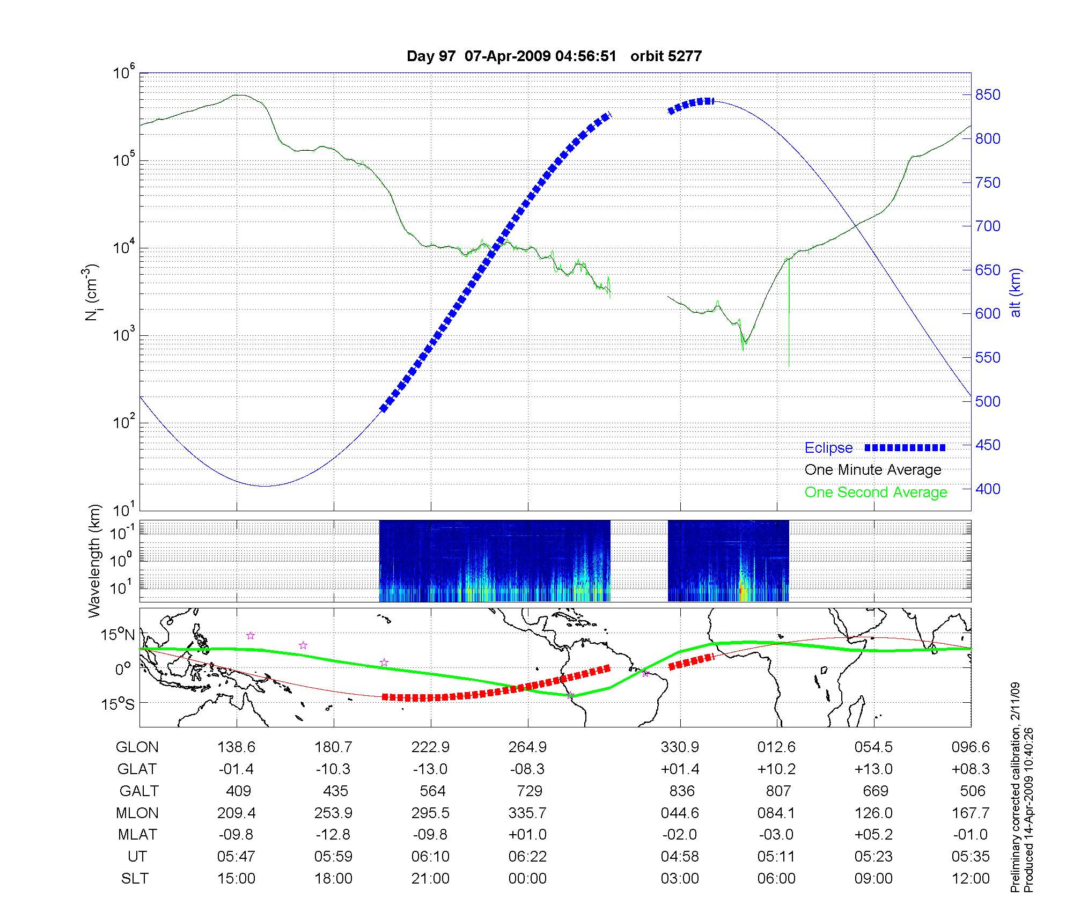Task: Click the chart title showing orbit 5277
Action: coord(554,56)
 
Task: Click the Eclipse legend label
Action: coord(828,448)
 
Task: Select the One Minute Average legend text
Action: coord(873,470)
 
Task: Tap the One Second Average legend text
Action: coord(876,492)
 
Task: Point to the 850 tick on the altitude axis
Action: coord(988,95)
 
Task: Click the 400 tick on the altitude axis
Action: coord(988,489)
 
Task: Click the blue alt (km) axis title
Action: coord(1016,292)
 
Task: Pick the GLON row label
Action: coord(137,747)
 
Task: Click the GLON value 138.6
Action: coord(237,747)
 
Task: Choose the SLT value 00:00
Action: coord(528,878)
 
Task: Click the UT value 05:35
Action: coord(971,856)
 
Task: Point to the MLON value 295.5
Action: coord(430,813)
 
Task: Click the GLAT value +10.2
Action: coord(776,769)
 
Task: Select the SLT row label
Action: coord(135,878)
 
